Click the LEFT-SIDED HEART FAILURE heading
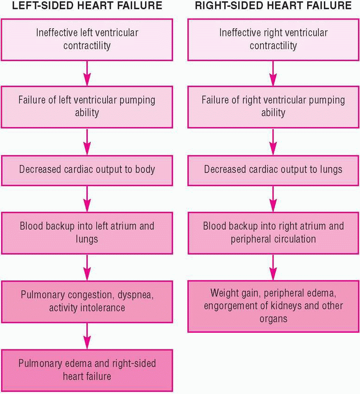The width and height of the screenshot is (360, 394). [x=87, y=6]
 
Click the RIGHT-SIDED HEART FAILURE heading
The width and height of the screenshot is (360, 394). [x=273, y=6]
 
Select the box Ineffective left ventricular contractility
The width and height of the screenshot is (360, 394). [x=87, y=39]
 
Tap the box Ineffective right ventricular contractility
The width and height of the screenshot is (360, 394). [x=273, y=39]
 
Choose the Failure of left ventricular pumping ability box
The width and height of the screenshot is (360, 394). [x=87, y=106]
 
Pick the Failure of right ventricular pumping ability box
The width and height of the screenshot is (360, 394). [x=273, y=106]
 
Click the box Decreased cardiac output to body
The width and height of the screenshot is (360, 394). [x=87, y=169]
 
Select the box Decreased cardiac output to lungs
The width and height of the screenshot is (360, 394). [x=273, y=169]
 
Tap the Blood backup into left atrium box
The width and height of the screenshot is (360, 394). [x=87, y=233]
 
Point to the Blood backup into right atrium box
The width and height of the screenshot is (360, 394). [x=273, y=233]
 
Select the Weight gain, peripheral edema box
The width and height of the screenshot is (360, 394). [x=273, y=306]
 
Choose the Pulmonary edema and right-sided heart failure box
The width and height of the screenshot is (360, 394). [x=87, y=369]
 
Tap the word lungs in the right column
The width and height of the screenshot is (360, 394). [x=330, y=169]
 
